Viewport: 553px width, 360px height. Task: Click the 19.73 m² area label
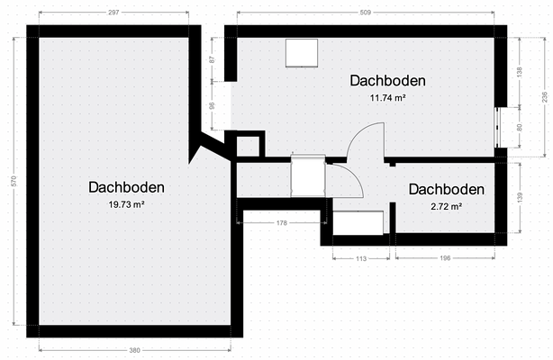(126, 204)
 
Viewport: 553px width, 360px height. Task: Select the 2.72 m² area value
(446, 206)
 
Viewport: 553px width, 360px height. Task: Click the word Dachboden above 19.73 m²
(126, 187)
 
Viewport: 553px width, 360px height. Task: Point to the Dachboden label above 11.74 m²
(387, 80)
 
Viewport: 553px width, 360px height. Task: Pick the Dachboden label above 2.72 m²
(446, 190)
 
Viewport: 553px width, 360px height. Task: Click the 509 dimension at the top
(366, 13)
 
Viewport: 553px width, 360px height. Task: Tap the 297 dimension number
(113, 13)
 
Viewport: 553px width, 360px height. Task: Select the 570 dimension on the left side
(14, 181)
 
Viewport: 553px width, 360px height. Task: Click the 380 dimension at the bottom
(133, 350)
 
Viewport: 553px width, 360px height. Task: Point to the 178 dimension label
(281, 222)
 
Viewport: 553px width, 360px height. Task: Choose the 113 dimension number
(361, 259)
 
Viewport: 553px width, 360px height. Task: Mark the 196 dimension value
(445, 259)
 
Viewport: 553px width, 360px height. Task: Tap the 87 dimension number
(213, 59)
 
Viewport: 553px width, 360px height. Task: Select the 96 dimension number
(213, 105)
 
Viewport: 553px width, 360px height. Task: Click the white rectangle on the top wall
(302, 53)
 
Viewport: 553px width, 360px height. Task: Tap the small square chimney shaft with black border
(249, 145)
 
